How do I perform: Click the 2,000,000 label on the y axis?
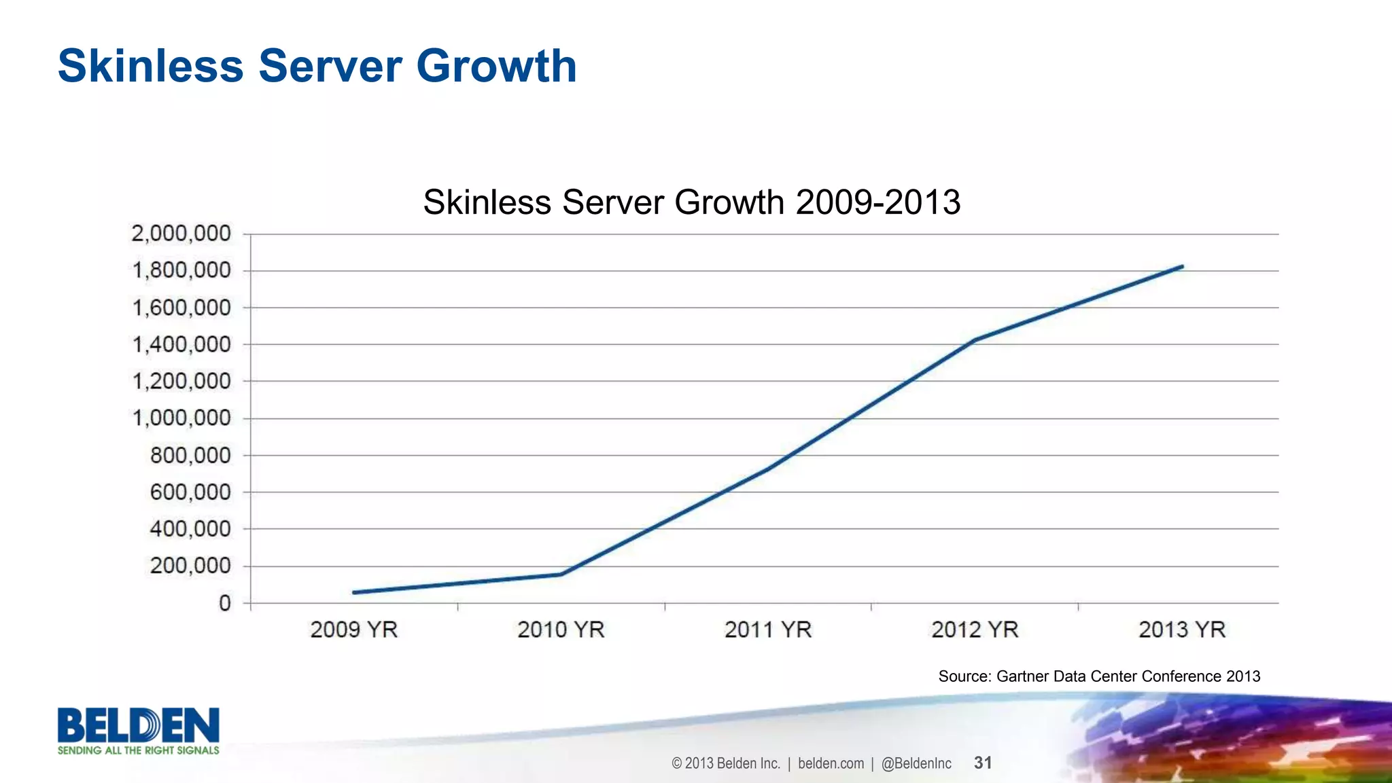(x=181, y=234)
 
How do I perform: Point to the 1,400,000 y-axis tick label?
(x=181, y=345)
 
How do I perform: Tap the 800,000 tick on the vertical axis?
(x=190, y=456)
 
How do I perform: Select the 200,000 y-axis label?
(x=190, y=566)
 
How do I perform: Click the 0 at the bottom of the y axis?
(x=225, y=604)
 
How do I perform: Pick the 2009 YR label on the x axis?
(x=353, y=630)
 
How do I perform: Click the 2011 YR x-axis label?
(x=768, y=630)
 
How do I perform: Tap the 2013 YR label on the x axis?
(x=1182, y=630)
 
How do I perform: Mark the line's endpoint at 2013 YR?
(x=1182, y=267)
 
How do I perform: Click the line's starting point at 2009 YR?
(x=354, y=592)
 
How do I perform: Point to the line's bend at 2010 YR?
(x=561, y=574)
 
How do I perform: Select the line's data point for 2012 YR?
(x=975, y=340)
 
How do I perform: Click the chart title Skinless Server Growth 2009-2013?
(x=691, y=202)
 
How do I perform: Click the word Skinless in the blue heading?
(x=150, y=67)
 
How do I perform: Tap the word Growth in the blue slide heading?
(x=496, y=67)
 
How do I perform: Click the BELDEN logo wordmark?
(x=138, y=725)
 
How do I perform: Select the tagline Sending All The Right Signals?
(x=138, y=750)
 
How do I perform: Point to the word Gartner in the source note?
(x=1022, y=676)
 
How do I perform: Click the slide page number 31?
(x=983, y=763)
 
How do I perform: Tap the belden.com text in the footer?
(x=831, y=763)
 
